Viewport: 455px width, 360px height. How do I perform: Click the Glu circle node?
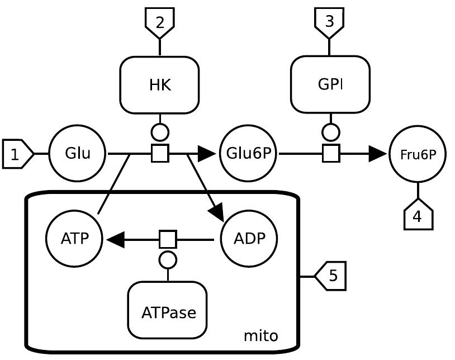(x=77, y=154)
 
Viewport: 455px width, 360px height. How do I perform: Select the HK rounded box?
(x=160, y=85)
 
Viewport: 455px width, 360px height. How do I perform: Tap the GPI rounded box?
(x=330, y=84)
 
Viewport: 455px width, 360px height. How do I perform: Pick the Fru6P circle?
(x=418, y=154)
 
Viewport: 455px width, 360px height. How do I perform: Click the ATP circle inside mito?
(x=74, y=239)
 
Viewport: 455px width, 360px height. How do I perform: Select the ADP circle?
(x=250, y=239)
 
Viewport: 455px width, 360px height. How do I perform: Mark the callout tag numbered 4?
(x=418, y=215)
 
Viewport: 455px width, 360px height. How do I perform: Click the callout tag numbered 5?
(x=331, y=276)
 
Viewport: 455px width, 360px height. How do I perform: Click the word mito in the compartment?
(x=260, y=336)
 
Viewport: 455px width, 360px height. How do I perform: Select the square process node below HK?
(x=160, y=153)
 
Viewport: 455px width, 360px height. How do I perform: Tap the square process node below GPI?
(x=331, y=153)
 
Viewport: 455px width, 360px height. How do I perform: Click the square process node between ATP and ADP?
(x=168, y=239)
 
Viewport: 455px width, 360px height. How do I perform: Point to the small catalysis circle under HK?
(x=160, y=132)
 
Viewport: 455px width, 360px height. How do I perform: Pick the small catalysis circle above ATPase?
(x=168, y=259)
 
